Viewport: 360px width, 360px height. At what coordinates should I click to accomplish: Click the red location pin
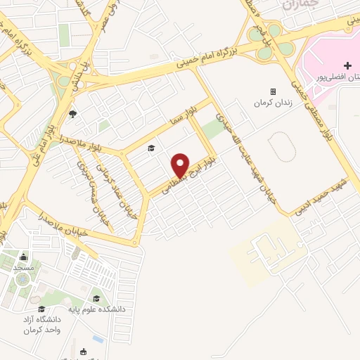tap(181, 165)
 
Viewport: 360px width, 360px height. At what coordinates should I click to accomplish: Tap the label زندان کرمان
tap(273, 103)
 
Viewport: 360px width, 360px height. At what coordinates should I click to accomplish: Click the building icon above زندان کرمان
tap(273, 91)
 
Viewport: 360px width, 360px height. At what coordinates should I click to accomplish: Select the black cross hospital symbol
tap(347, 65)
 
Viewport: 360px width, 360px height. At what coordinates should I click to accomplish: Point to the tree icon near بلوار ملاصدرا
tap(72, 113)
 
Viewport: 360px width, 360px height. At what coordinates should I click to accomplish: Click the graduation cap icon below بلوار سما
tap(150, 148)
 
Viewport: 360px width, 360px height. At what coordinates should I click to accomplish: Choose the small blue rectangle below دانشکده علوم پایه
tap(97, 340)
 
